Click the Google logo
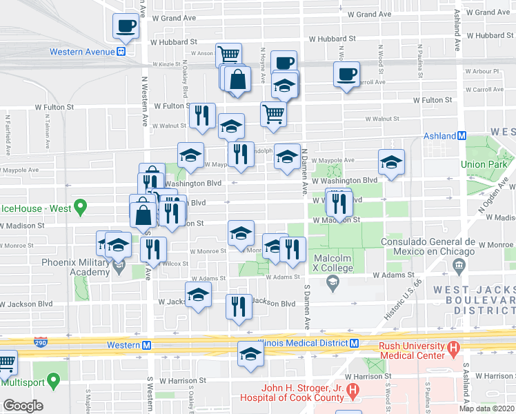coord(22,406)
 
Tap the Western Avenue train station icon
coord(121,52)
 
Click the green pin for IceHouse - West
coord(80,206)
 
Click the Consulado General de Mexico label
coord(428,247)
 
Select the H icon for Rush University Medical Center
coord(453,350)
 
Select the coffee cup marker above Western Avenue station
coord(126,26)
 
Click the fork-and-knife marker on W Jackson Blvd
coord(239,306)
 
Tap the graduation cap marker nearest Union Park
coord(391,163)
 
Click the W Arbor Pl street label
coord(486,71)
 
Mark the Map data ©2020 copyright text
coord(487,408)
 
